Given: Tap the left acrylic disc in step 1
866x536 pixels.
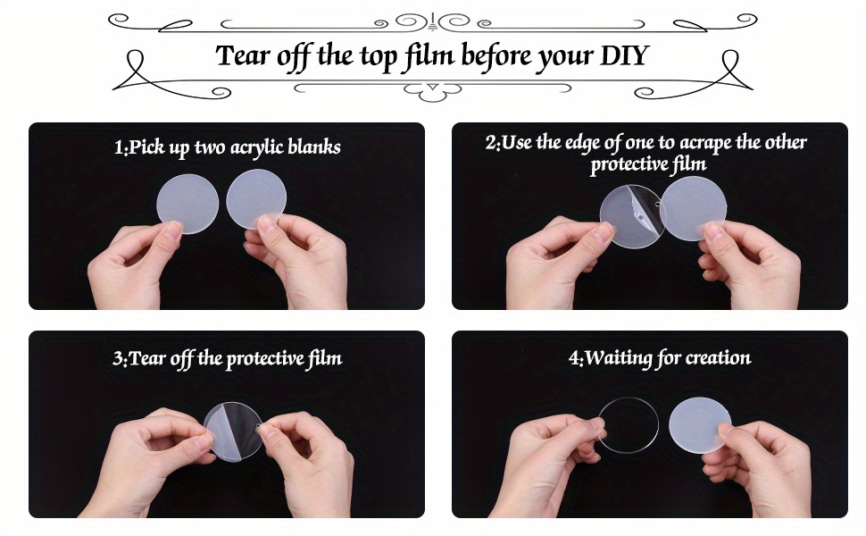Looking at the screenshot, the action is (x=187, y=204).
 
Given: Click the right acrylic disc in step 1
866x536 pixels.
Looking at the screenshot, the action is (x=256, y=199).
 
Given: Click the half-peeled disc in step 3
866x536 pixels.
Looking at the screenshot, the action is (x=232, y=431).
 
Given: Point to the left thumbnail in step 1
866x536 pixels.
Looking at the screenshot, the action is (x=173, y=228).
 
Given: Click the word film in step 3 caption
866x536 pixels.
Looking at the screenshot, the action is (x=325, y=358).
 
